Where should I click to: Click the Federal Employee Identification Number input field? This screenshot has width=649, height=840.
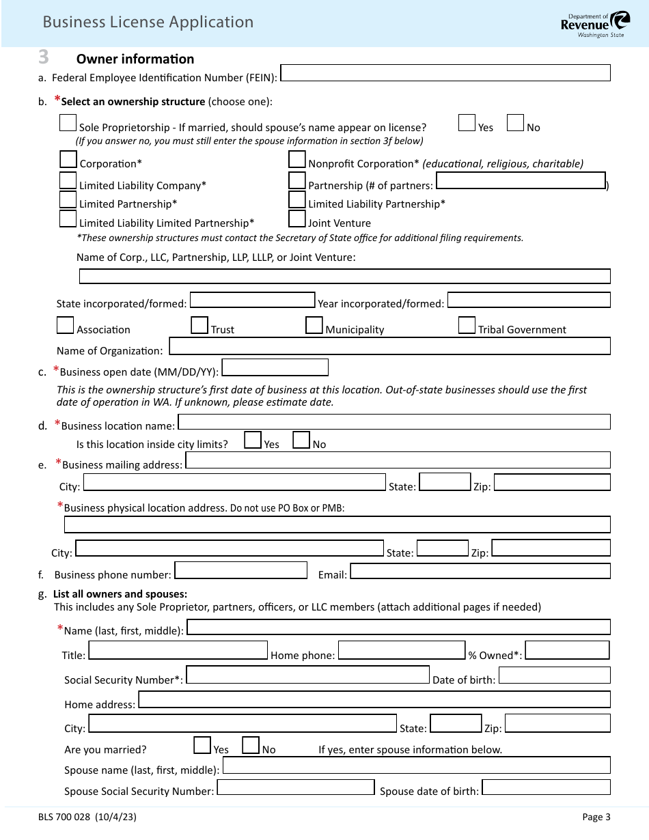point(445,73)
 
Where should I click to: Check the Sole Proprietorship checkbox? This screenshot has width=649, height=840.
point(68,123)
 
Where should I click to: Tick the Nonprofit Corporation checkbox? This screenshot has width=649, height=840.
point(296,160)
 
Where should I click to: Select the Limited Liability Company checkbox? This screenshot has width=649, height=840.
point(68,181)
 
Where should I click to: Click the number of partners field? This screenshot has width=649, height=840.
point(521,181)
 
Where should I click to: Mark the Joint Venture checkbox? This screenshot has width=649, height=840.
point(296,219)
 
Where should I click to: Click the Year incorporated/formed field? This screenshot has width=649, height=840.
point(529,300)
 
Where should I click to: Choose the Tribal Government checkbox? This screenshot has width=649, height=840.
point(467,325)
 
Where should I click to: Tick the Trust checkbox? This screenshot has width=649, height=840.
point(199,325)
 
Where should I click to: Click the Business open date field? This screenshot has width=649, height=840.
point(275,368)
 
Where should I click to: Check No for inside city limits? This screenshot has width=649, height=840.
point(301,440)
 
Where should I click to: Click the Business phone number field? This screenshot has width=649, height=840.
point(241,570)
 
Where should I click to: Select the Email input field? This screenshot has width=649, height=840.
point(480,571)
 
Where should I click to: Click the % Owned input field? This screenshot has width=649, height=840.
point(567,650)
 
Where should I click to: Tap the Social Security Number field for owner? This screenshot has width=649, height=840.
point(307,675)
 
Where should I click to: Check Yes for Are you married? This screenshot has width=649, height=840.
point(202,745)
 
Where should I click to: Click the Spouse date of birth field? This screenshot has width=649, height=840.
point(546,787)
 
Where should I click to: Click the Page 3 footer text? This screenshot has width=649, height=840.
point(596,817)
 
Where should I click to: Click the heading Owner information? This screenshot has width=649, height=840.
point(135,59)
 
